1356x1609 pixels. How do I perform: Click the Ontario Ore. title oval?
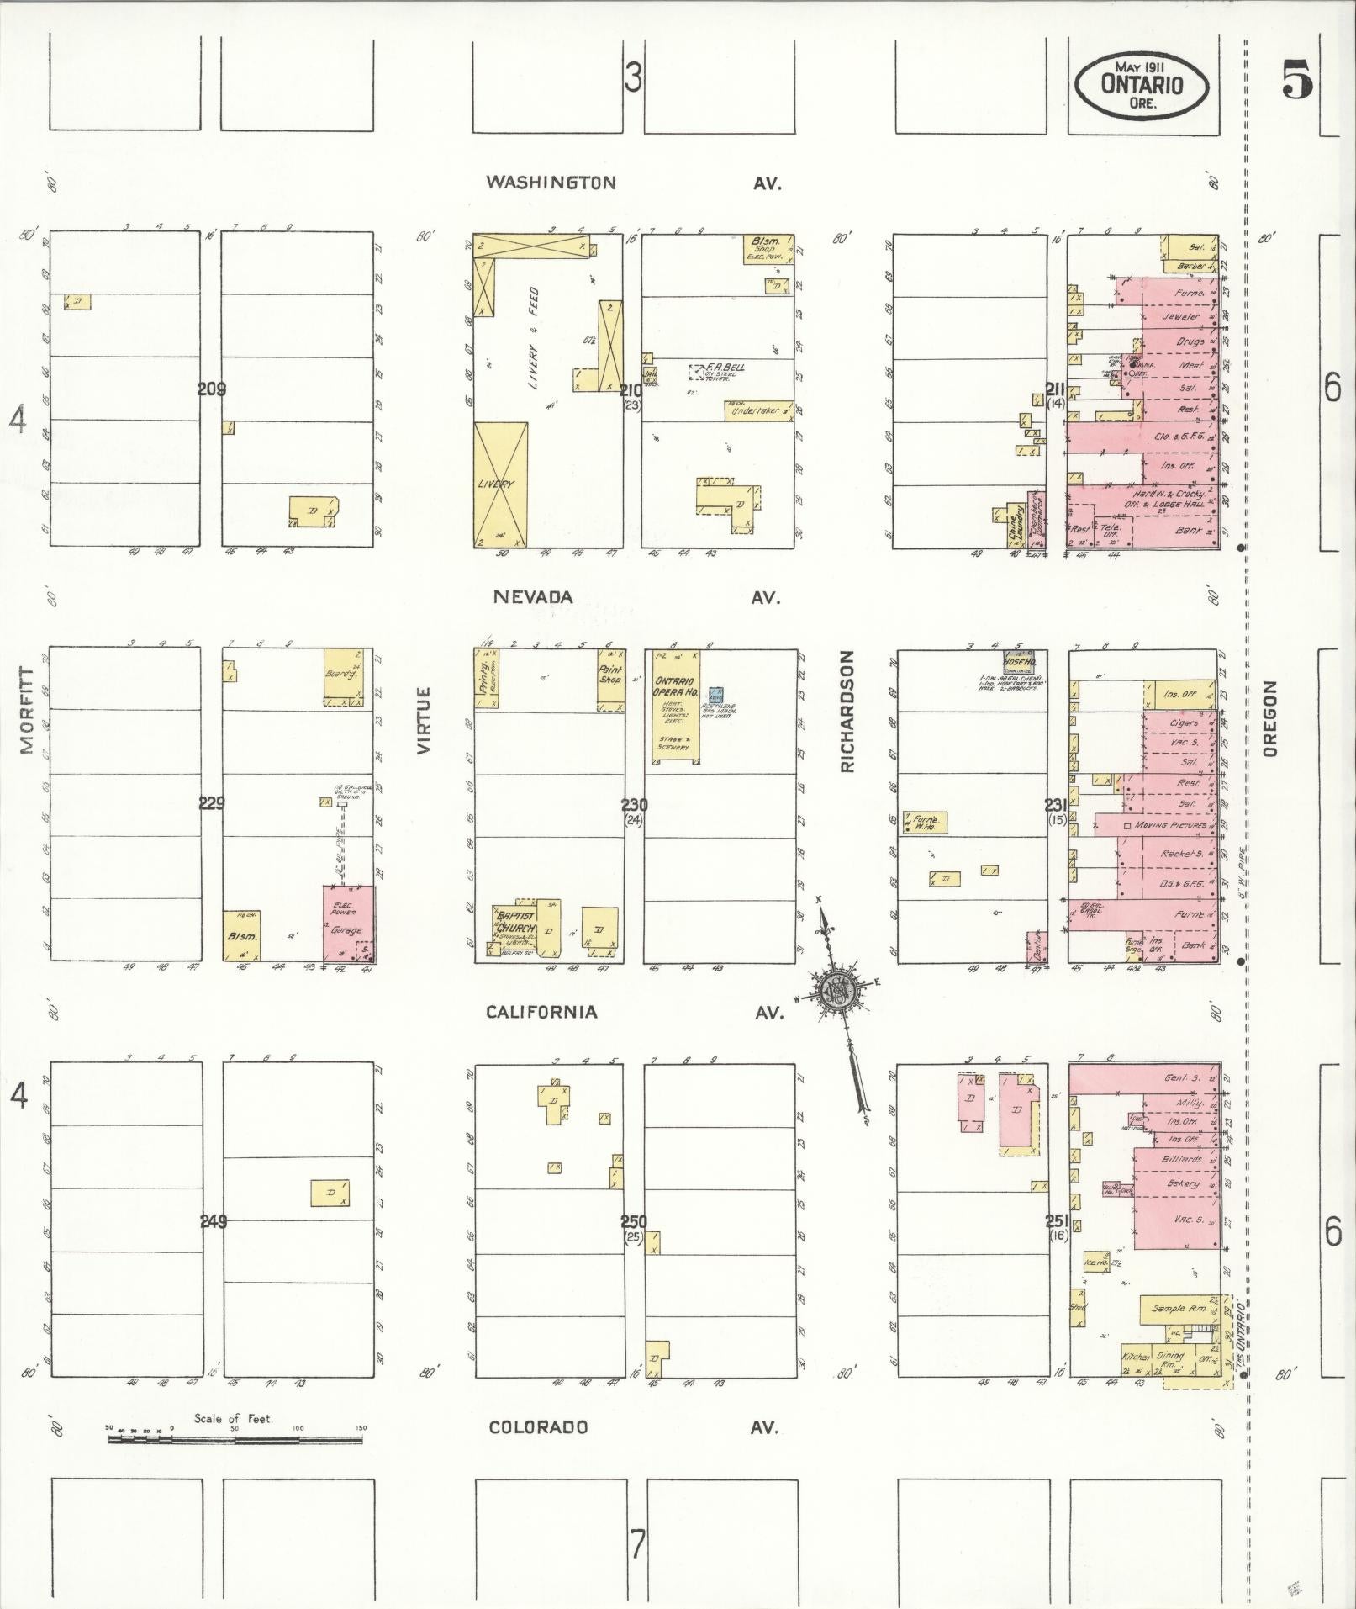point(1142,85)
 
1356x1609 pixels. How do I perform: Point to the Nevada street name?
point(533,597)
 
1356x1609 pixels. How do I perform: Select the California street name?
point(541,1012)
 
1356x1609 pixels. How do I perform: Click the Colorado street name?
point(539,1427)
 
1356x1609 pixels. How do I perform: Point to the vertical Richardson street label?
point(847,711)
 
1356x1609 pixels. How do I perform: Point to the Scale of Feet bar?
point(235,1441)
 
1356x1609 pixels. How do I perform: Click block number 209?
point(212,389)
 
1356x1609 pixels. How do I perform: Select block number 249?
point(214,1221)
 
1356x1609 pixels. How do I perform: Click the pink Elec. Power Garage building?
point(348,923)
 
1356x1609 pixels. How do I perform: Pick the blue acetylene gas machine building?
point(715,695)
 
